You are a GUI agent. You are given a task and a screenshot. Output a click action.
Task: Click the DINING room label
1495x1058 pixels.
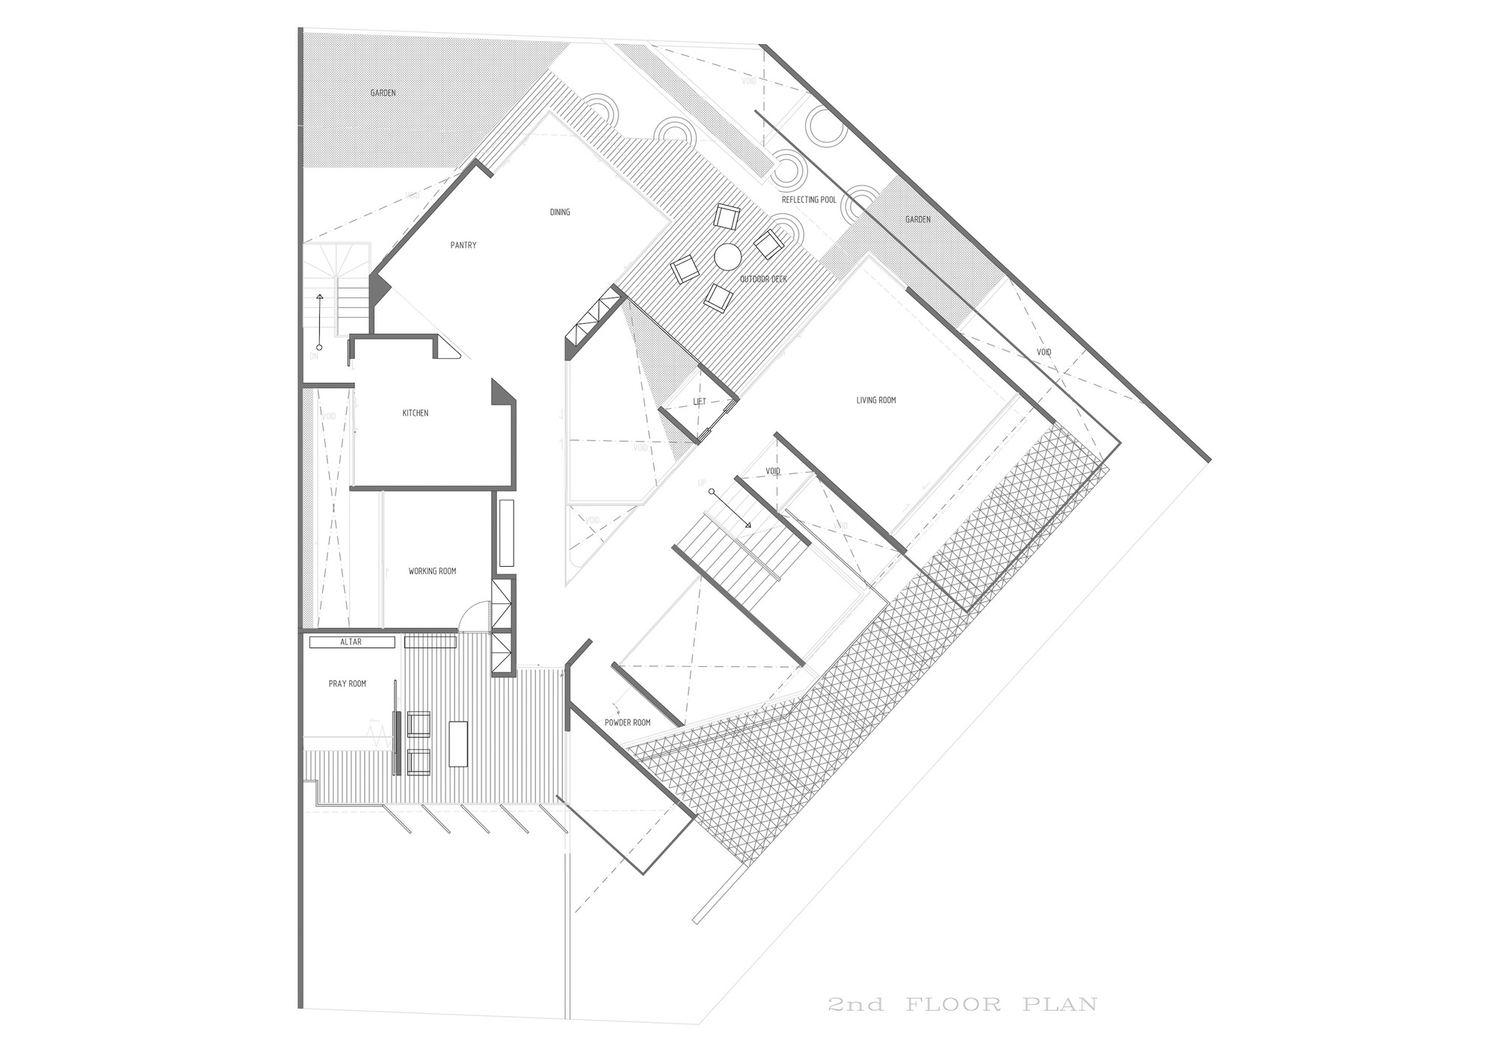560,212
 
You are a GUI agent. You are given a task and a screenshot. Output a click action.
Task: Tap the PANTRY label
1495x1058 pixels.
463,245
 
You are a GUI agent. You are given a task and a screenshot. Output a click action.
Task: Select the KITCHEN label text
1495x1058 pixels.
416,413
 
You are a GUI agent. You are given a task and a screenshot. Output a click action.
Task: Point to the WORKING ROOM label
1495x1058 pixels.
432,571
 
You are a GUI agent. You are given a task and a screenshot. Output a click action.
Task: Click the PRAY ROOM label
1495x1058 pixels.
348,683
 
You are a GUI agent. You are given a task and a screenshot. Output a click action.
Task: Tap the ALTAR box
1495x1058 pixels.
351,642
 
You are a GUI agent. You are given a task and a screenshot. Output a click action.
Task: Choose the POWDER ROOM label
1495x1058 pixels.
627,723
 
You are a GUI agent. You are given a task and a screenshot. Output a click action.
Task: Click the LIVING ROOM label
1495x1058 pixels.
876,401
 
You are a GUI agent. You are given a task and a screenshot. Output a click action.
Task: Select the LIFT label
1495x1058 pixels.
700,402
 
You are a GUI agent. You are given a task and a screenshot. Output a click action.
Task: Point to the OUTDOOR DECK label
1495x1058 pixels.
763,280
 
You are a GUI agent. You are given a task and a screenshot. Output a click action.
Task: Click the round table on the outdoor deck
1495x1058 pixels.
727,256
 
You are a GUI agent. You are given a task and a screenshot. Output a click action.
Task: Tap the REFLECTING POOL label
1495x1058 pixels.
809,200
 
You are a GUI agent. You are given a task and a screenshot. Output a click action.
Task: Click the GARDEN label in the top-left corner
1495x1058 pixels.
383,93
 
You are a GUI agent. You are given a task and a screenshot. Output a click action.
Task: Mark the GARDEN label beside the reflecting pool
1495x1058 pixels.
918,220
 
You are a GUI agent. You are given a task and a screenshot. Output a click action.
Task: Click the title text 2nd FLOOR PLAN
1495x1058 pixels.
963,1003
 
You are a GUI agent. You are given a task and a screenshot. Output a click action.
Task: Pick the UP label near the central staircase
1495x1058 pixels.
702,483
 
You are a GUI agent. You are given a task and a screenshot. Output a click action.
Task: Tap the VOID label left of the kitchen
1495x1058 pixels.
329,416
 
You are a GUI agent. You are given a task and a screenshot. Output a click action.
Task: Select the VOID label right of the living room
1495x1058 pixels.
1044,352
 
